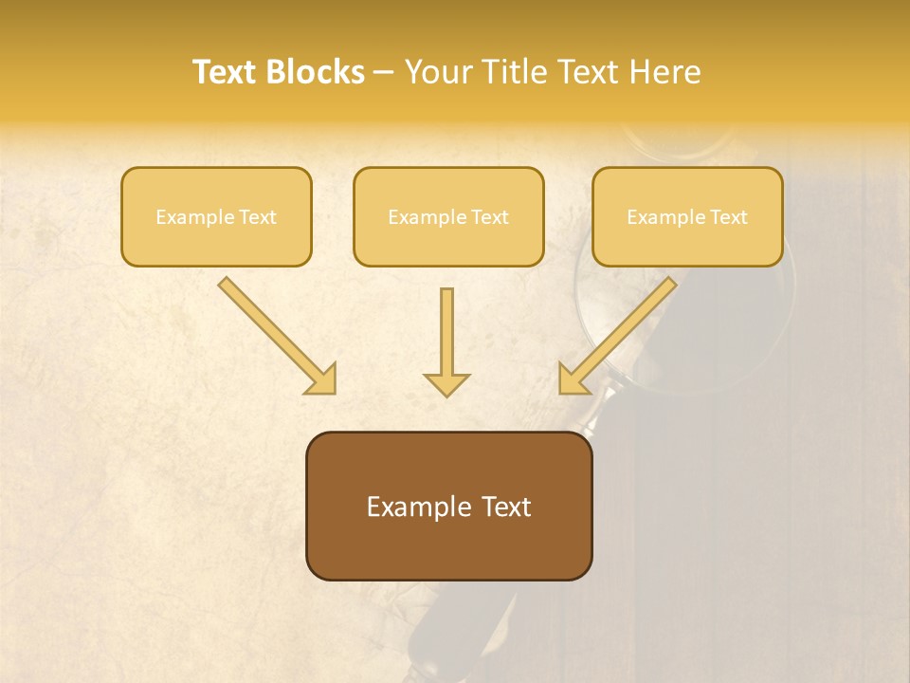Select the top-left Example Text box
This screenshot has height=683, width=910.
coord(216,217)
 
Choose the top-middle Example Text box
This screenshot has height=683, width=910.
coord(448,217)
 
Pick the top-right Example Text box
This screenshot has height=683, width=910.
coord(687,217)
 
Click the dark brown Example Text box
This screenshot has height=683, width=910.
coord(448,506)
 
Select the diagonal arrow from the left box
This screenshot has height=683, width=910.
coord(275,333)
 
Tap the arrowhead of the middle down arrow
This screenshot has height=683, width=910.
coord(446,383)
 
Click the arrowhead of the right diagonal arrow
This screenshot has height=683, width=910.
coord(573,378)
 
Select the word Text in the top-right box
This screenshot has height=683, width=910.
coord(728,217)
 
